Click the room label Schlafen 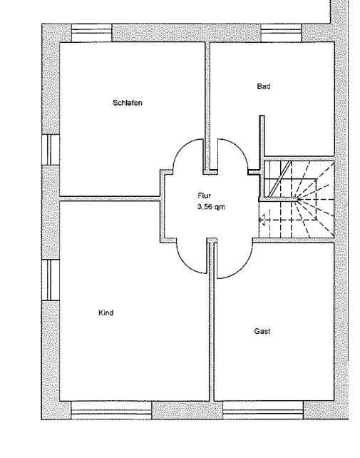click(x=128, y=103)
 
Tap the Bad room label click(x=263, y=86)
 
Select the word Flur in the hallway click(x=204, y=195)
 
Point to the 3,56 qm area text click(x=211, y=207)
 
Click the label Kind click(x=106, y=313)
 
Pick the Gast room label click(x=262, y=331)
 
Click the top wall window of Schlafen click(x=92, y=33)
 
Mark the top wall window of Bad click(x=281, y=33)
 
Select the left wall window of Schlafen click(x=51, y=150)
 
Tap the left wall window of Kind click(x=51, y=280)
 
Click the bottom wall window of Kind click(x=111, y=410)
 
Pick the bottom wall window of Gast click(x=263, y=410)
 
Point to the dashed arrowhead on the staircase click(x=262, y=220)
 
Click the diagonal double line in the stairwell click(x=279, y=179)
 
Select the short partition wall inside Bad click(x=262, y=142)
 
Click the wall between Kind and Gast click(x=212, y=320)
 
